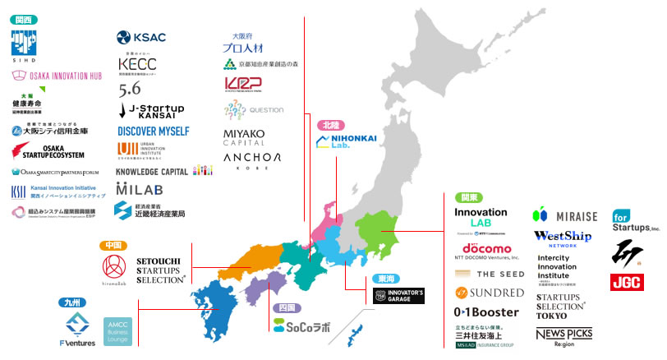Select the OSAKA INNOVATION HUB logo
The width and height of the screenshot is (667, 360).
pyautogui.click(x=54, y=75)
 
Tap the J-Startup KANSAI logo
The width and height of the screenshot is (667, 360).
pyautogui.click(x=152, y=110)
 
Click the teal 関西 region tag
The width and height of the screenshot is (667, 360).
pyautogui.click(x=24, y=18)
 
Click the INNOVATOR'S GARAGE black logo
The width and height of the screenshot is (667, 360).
pyautogui.click(x=398, y=295)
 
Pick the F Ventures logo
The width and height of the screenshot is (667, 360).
pyautogui.click(x=80, y=329)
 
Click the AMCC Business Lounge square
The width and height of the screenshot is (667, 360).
pyautogui.click(x=117, y=330)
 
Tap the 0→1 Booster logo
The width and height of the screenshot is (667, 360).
pyautogui.click(x=486, y=312)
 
